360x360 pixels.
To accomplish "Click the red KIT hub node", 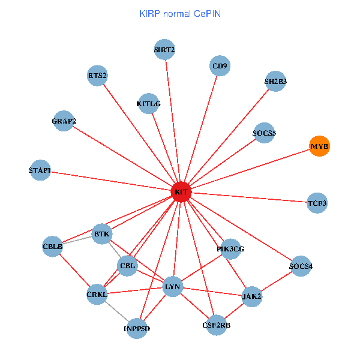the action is coord(181,192).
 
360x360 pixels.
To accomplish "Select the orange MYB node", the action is coord(320,146).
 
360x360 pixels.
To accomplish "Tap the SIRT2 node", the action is coord(164,50).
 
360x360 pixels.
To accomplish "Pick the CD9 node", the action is coord(220,65).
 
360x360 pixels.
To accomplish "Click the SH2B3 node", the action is coord(275,81).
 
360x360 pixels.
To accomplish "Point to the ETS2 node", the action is coord(97,76).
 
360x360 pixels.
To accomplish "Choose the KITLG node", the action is coord(149,104).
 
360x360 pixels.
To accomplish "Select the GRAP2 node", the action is coord(64,121).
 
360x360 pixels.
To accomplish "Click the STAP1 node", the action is coord(40,171).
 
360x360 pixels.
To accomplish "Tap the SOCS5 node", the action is coord(264,133).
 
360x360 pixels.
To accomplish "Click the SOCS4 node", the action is coord(301,266).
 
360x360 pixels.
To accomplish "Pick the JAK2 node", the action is coord(252,296).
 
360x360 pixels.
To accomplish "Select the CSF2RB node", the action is coord(217,325).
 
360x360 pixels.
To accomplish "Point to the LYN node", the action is coord(173,287).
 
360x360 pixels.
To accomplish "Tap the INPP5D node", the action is coord(137,328).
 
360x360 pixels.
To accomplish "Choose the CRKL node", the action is coord(97,294).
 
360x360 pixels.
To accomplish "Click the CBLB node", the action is coord(53,246).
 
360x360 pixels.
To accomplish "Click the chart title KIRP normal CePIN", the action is coord(179,13).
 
